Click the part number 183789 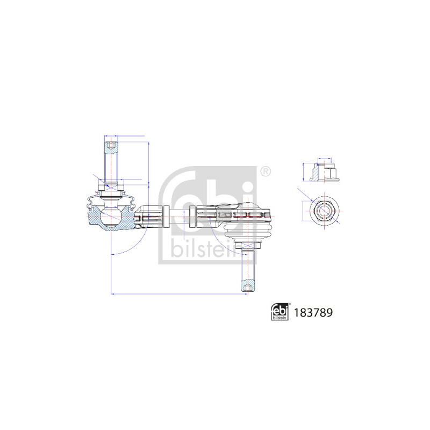coord(313,313)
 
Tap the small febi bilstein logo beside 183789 coord(279,312)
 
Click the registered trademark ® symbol coord(264,172)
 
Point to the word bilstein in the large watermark coord(204,249)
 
